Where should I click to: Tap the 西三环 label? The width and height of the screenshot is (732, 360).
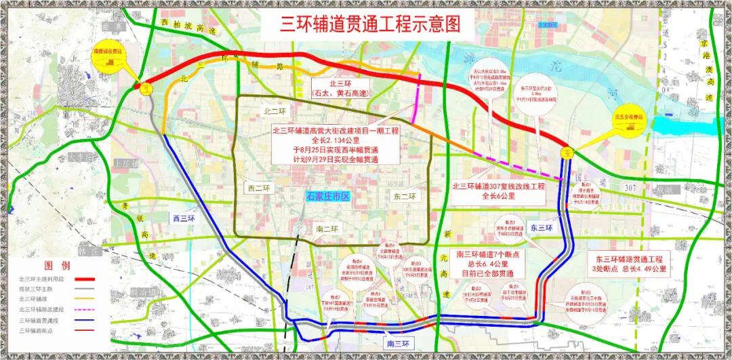pyautogui.click(x=180, y=218)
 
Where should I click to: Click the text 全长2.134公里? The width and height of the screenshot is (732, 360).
pyautogui.click(x=331, y=139)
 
